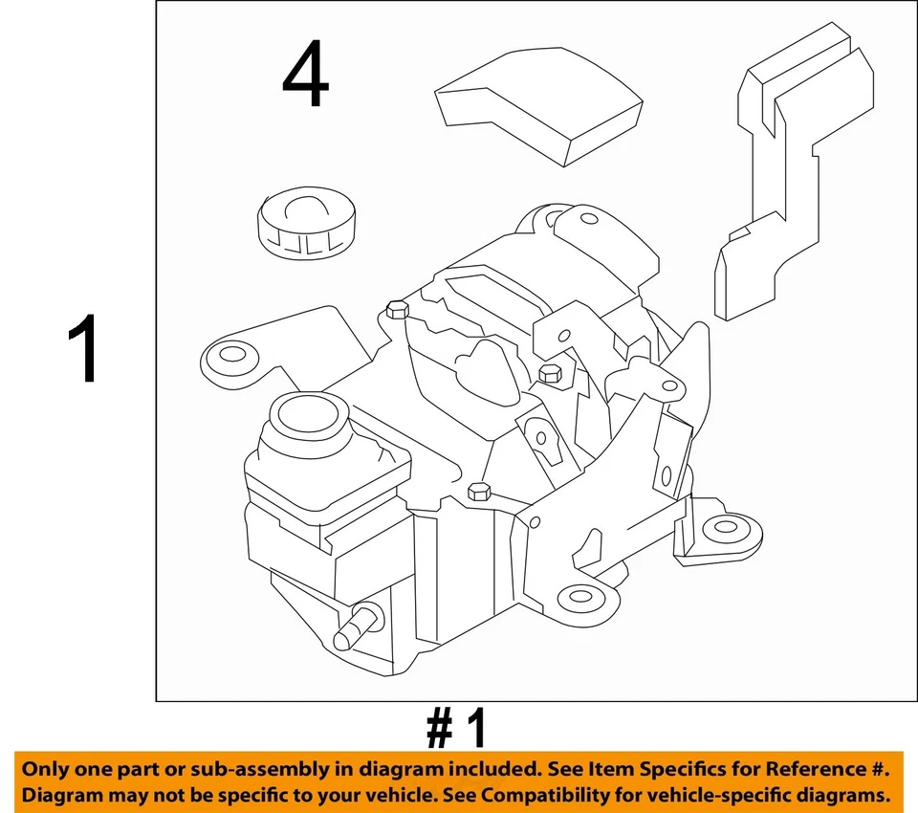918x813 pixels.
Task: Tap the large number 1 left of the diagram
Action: tap(85, 351)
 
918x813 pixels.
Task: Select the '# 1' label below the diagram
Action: tap(456, 729)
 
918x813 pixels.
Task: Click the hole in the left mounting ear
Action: tap(232, 356)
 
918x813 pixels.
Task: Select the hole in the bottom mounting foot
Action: tap(578, 599)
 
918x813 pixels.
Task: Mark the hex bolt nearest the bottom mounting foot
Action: tap(479, 492)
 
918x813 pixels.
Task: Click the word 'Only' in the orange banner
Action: tap(46, 769)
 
